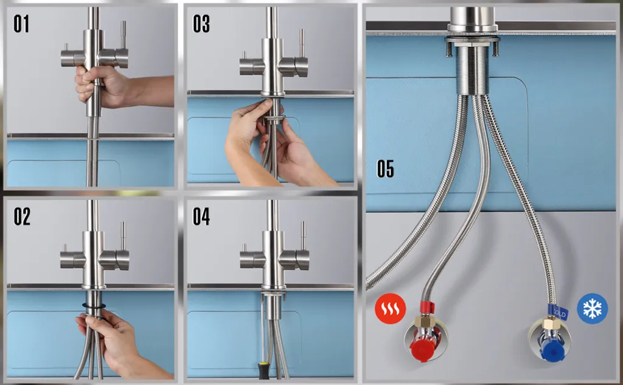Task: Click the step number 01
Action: point(21,24)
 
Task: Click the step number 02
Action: point(22,216)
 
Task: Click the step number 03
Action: point(201,24)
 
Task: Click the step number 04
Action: point(201,216)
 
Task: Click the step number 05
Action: point(385,168)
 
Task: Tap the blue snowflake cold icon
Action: point(592,308)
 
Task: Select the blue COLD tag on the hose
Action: point(558,312)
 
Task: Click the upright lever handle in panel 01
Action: point(123,35)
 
